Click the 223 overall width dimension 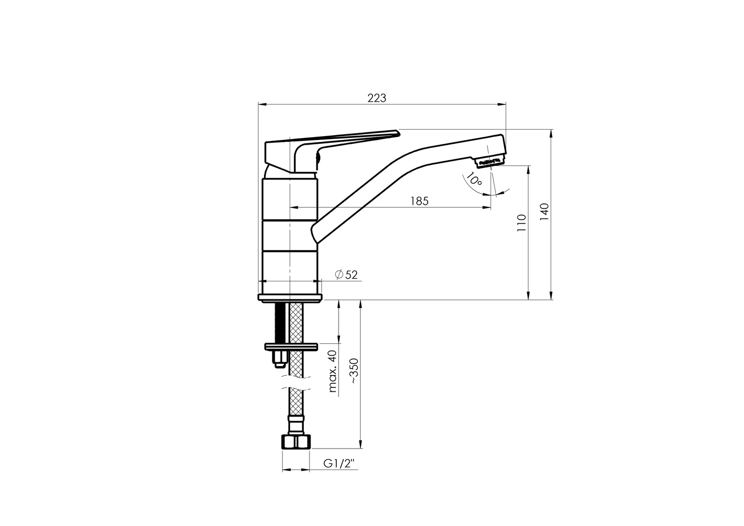pyautogui.click(x=377, y=98)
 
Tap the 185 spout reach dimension pyautogui.click(x=419, y=201)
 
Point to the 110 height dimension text pyautogui.click(x=522, y=223)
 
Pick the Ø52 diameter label pyautogui.click(x=346, y=275)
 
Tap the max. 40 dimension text pyautogui.click(x=332, y=371)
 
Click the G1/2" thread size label pyautogui.click(x=339, y=463)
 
